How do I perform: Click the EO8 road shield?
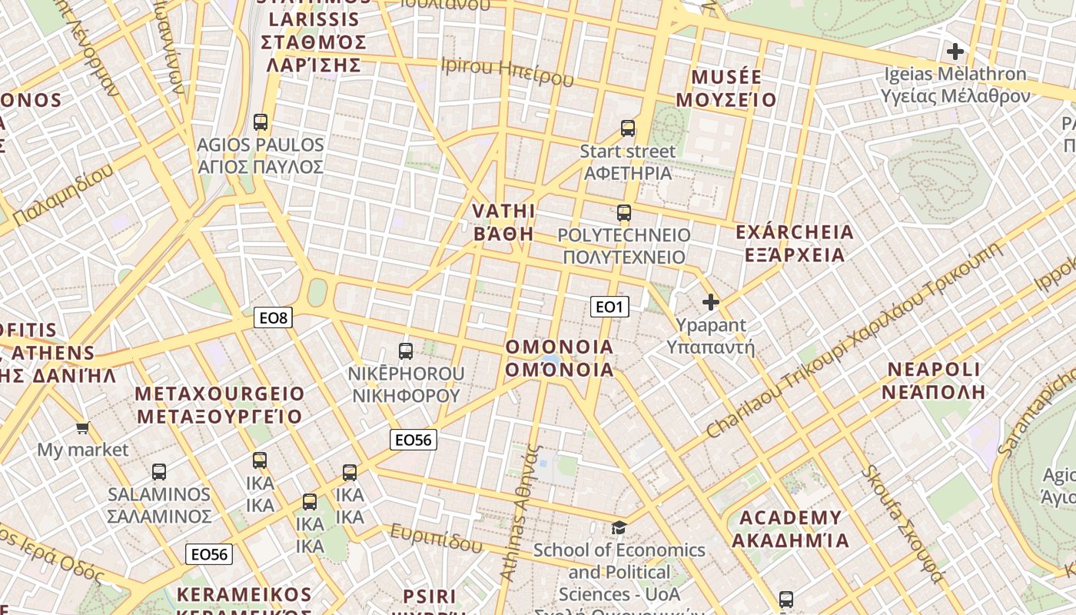[x=274, y=317]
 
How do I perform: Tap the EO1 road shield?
[x=609, y=307]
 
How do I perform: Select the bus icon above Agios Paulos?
[x=261, y=121]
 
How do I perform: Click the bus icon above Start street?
[x=628, y=128]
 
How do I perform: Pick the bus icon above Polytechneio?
[x=624, y=213]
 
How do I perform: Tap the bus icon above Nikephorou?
[x=406, y=351]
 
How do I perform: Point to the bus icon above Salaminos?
[x=159, y=472]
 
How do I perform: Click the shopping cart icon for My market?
[x=83, y=427]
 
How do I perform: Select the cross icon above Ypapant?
[x=711, y=302]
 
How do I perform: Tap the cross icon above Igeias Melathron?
[x=955, y=52]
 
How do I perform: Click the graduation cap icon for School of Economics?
[x=619, y=527]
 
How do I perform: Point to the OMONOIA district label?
[x=560, y=358]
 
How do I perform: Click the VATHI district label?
[x=503, y=222]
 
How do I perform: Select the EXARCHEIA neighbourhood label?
[x=795, y=243]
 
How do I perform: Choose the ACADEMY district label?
[x=790, y=528]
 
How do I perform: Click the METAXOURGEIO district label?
[x=220, y=405]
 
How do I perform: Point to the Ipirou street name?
[x=508, y=71]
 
